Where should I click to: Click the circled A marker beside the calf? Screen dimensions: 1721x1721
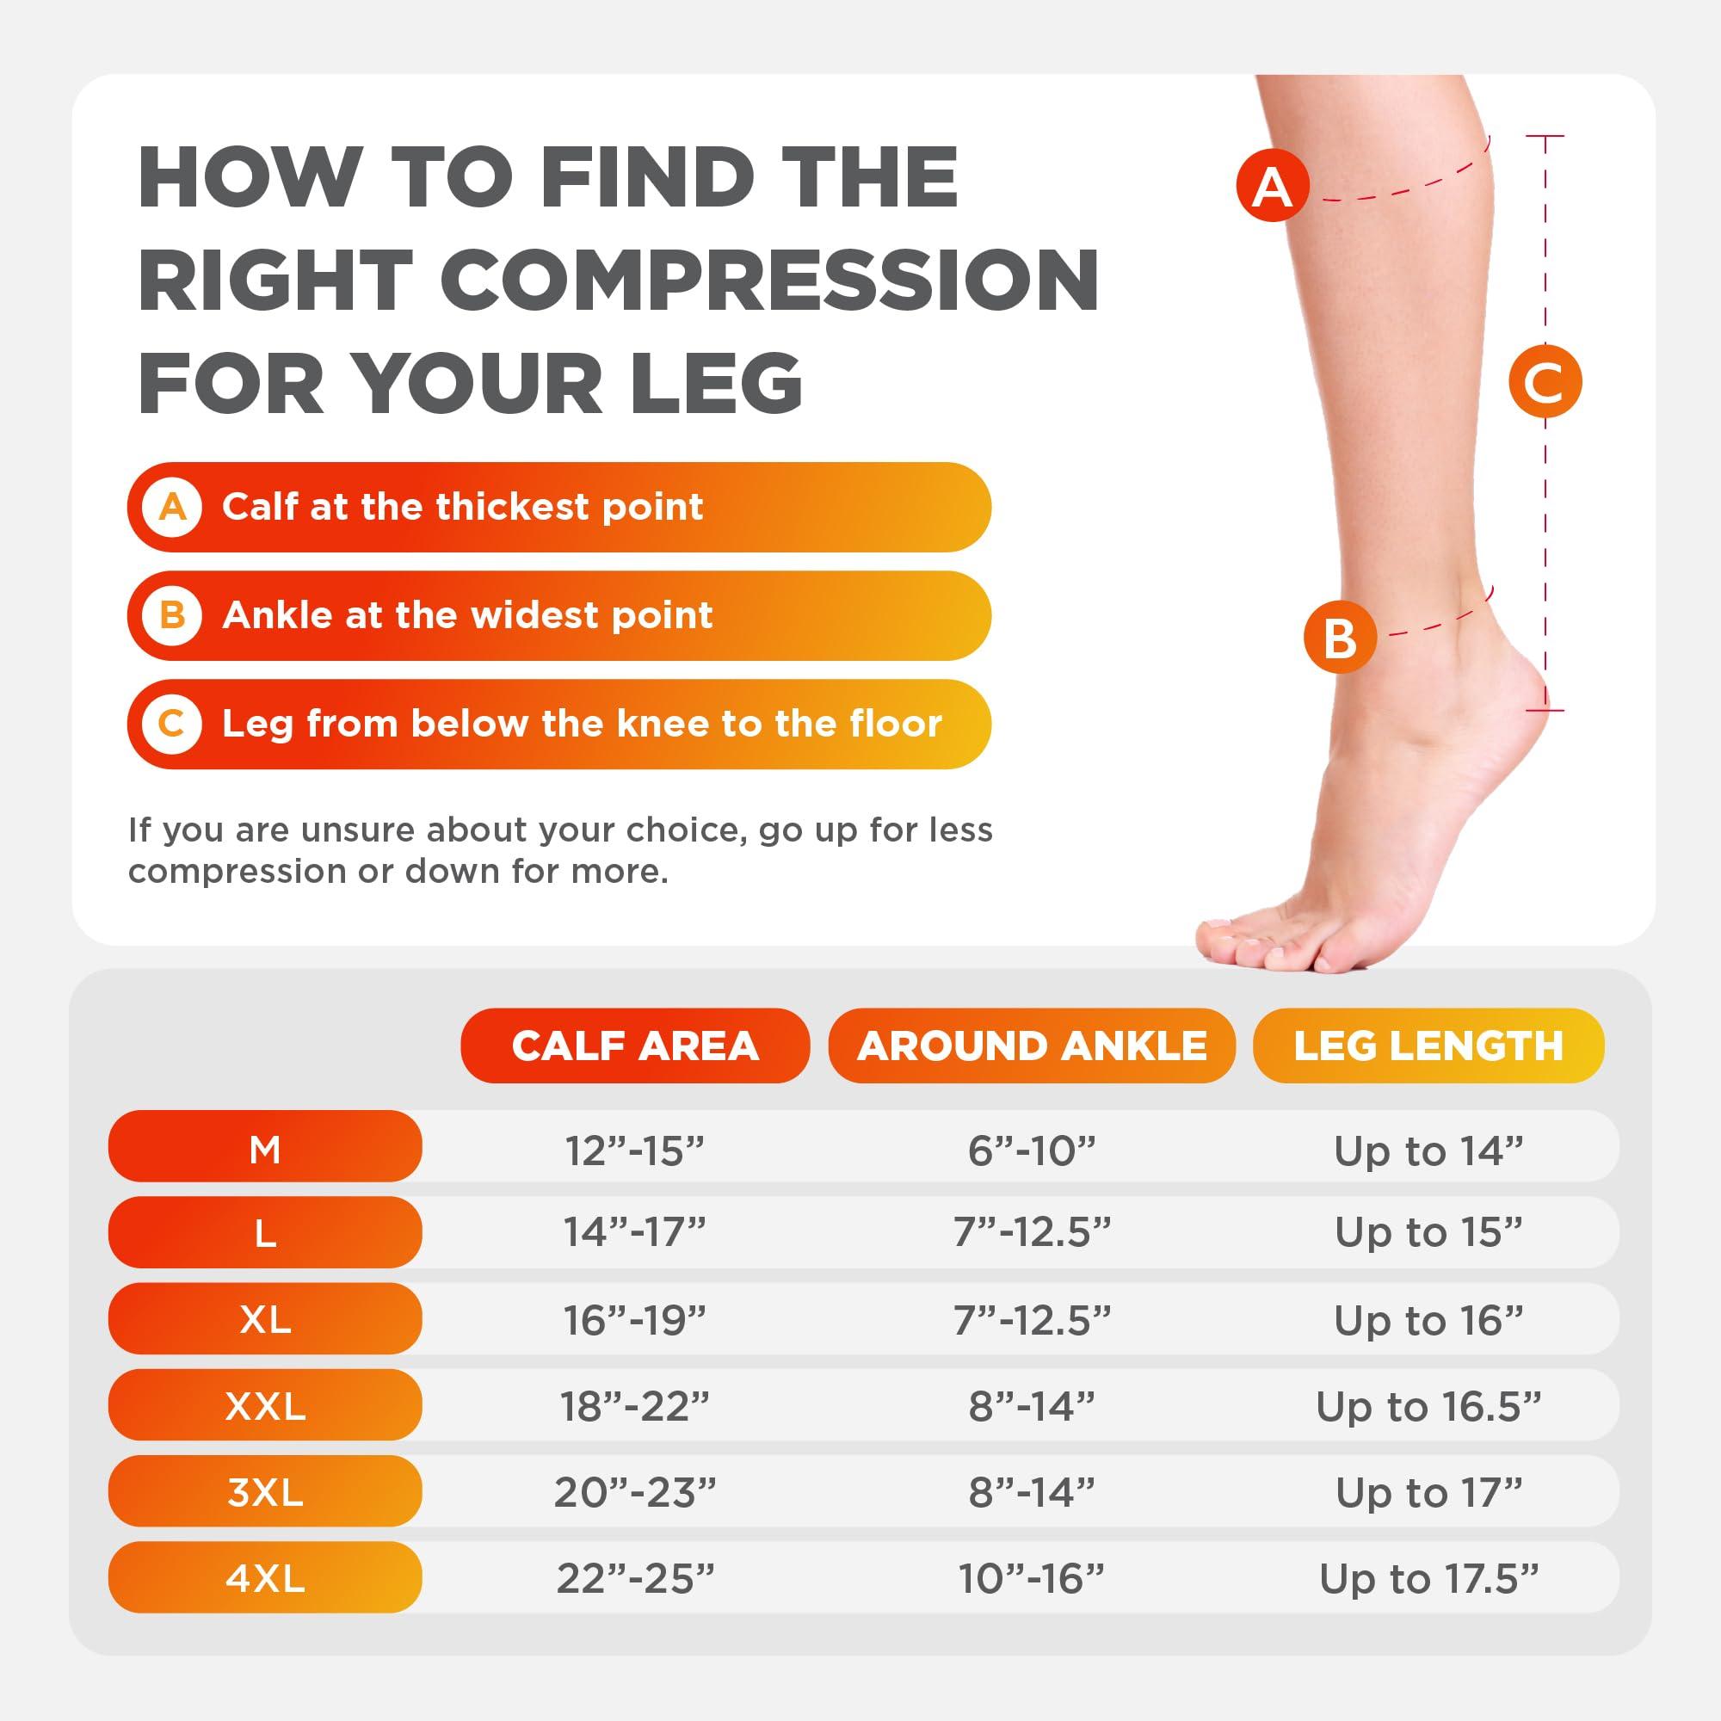(x=1272, y=187)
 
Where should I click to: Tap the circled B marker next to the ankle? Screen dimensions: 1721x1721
(x=1340, y=637)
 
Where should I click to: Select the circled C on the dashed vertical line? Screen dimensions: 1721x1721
(x=1545, y=382)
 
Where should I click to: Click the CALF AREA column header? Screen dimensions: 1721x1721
(x=634, y=1046)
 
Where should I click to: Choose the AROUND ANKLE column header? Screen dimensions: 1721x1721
(x=1032, y=1046)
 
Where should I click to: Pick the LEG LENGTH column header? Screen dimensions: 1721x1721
(x=1428, y=1046)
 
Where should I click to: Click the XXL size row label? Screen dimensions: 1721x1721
(x=265, y=1407)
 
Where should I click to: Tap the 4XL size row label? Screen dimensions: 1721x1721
(x=265, y=1578)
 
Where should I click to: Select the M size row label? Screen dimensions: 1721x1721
(x=265, y=1149)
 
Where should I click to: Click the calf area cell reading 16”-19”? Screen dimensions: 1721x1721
(x=634, y=1320)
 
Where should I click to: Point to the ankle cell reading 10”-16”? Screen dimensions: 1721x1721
(x=1032, y=1578)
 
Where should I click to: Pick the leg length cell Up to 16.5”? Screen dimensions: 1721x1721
(x=1428, y=1407)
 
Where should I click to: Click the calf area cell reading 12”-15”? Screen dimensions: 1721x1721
(x=634, y=1150)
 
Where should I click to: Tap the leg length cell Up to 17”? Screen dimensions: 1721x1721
(x=1428, y=1493)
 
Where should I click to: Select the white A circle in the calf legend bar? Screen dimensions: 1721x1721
(x=173, y=507)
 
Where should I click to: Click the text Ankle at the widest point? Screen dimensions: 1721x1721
(x=467, y=615)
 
